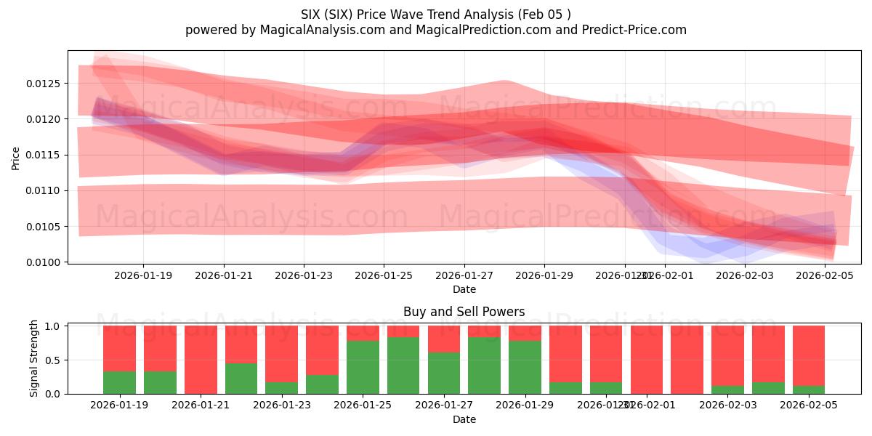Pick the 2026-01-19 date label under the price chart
tap(143, 275)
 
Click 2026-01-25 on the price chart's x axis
tap(384, 275)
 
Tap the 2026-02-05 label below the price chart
tap(825, 275)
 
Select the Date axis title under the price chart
tap(464, 289)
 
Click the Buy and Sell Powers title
tap(464, 312)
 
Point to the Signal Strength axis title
tap(34, 359)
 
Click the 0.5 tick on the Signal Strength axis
tap(53, 360)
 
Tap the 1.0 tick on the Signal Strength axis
tap(53, 326)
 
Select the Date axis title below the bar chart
tap(464, 419)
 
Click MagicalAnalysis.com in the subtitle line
tap(307, 30)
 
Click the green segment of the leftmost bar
tap(119, 382)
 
